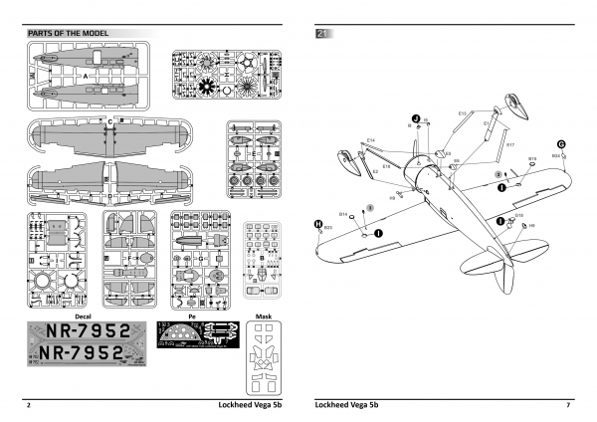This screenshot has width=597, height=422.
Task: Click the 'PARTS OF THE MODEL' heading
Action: (x=68, y=33)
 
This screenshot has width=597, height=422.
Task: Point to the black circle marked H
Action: (x=317, y=224)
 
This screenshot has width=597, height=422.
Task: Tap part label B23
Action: (x=328, y=229)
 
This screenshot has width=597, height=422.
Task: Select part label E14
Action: (x=370, y=140)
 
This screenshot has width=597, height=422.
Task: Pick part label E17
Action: (x=509, y=145)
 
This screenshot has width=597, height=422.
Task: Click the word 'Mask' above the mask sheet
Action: (x=263, y=314)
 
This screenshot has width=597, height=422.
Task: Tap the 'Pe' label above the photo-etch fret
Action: (x=192, y=314)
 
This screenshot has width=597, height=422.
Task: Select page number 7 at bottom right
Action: (x=567, y=406)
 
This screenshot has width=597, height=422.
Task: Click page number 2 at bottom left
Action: (x=29, y=406)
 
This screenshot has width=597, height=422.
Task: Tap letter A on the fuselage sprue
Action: (x=87, y=76)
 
